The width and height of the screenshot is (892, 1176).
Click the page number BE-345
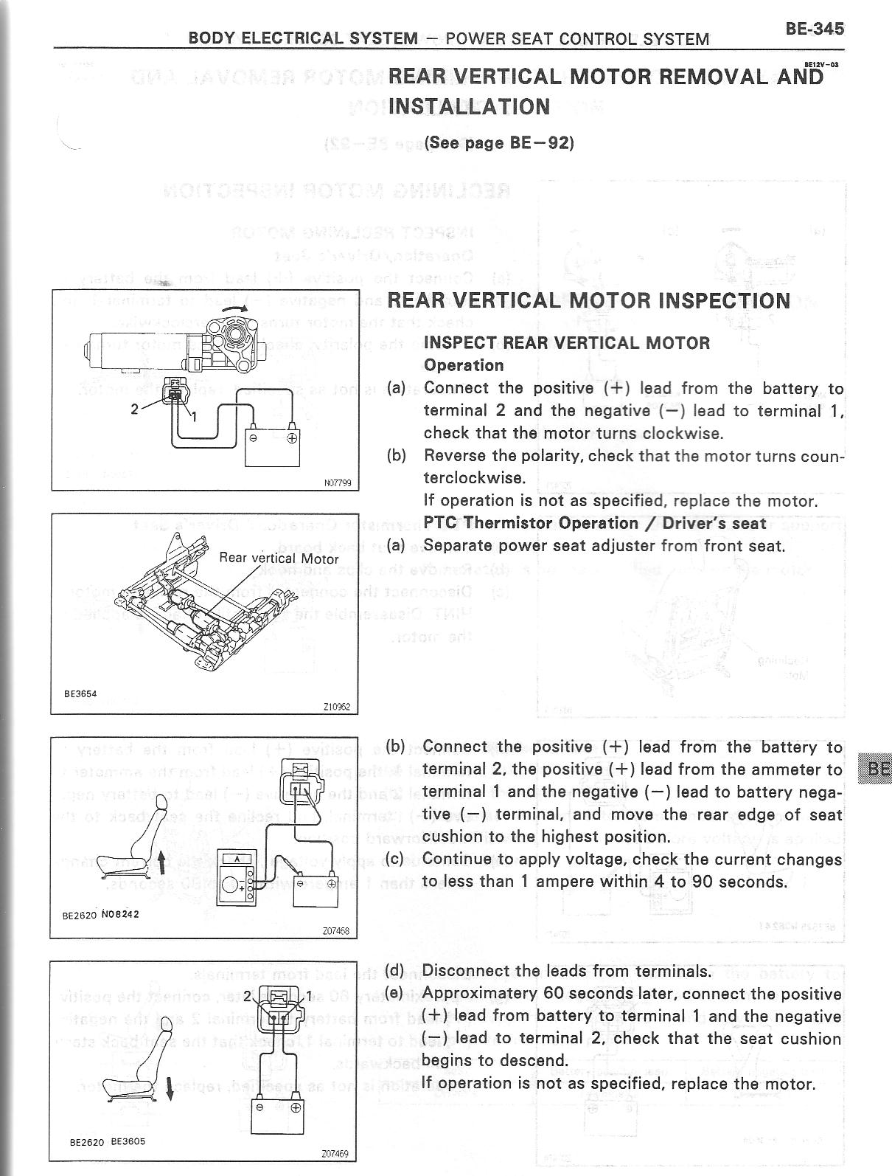[814, 29]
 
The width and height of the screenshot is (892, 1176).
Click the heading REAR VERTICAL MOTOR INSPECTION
[588, 301]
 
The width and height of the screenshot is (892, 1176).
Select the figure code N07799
[338, 483]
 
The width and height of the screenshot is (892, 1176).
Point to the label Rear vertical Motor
[279, 558]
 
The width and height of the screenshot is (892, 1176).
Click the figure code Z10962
[336, 707]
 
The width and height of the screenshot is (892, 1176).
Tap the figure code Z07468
[335, 931]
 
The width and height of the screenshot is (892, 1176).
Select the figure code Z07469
[335, 1154]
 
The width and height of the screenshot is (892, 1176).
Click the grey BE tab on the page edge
[878, 769]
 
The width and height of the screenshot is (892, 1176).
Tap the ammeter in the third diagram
[237, 876]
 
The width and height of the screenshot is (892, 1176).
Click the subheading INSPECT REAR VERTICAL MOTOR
[567, 343]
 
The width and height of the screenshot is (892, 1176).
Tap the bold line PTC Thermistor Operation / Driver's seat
[595, 523]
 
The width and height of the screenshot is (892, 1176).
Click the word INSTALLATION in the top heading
[469, 106]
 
